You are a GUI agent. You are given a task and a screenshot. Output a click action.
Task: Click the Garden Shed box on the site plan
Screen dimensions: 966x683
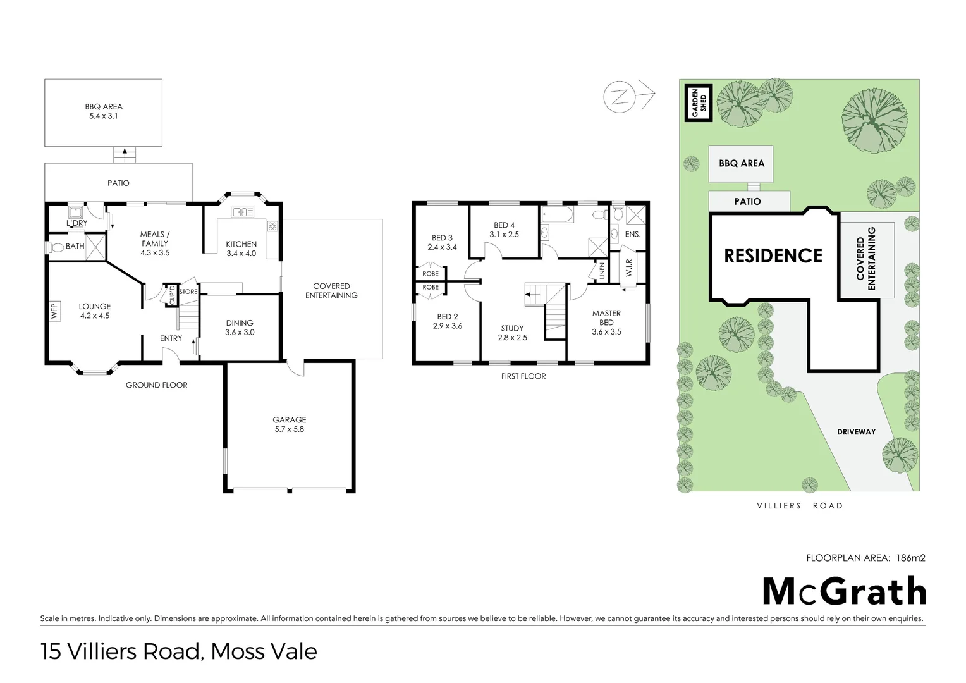coord(698,102)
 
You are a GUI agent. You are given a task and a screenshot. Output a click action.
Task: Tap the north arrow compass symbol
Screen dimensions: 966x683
coord(629,97)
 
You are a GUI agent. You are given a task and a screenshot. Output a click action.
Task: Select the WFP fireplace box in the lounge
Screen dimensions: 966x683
coord(54,311)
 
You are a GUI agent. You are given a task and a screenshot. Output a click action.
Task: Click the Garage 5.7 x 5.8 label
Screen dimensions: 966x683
coord(290,424)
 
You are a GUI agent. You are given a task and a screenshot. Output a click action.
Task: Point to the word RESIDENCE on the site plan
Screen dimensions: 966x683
coord(773,255)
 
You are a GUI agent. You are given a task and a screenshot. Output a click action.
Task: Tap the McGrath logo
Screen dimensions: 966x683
coord(845,591)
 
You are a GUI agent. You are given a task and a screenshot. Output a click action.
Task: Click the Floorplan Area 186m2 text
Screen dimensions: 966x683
coord(865,558)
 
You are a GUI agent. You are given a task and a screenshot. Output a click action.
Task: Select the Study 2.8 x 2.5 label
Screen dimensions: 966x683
coord(512,333)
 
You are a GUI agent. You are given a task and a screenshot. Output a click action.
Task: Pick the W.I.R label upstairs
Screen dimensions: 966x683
coord(628,268)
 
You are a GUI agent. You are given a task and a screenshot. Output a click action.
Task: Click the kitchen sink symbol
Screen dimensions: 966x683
coord(242,212)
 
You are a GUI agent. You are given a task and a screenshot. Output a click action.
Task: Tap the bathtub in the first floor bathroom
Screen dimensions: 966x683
coord(557,214)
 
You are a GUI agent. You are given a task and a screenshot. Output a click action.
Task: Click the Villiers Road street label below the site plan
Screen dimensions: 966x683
coord(800,506)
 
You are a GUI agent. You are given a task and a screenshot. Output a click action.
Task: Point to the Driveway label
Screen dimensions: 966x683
coord(856,431)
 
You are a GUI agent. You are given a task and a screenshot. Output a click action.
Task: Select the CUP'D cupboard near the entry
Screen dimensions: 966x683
coord(171,295)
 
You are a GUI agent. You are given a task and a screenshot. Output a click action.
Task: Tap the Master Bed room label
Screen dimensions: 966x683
coord(606,323)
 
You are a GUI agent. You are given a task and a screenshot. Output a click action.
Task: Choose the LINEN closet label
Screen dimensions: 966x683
coord(602,271)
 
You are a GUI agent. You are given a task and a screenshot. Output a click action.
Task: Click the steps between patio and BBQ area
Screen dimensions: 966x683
coord(125,155)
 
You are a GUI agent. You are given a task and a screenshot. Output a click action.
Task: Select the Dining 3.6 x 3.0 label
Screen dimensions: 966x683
coord(240,328)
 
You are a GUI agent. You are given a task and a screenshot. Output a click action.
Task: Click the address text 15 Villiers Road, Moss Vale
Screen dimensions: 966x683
coord(178,651)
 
